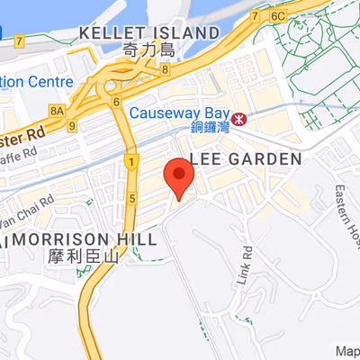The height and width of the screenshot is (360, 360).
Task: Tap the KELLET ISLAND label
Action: (148, 33)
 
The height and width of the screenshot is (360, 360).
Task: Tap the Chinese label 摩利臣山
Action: (82, 256)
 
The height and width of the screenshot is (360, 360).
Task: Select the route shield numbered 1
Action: (131, 163)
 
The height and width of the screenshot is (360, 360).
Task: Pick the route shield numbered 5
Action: (131, 197)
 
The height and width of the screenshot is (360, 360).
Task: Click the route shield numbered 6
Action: (117, 102)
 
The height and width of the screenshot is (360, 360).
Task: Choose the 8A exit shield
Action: (57, 110)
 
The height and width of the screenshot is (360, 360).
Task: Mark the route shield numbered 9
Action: (71, 127)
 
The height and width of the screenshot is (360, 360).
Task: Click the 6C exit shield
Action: (277, 15)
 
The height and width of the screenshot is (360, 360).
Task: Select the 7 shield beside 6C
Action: (256, 16)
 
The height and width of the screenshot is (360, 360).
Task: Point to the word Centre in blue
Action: (49, 81)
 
